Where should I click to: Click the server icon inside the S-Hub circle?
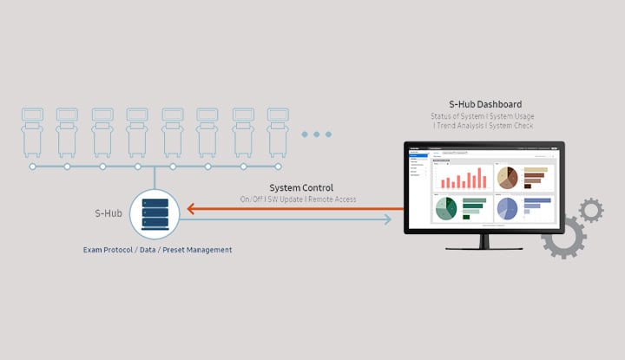coord(154,213)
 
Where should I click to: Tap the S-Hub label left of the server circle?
coord(108,213)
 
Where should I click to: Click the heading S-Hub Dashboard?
coord(485,105)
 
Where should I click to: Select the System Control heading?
coord(301,187)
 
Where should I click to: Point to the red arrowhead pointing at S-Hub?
coord(187,208)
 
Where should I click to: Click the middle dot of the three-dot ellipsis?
coord(317,134)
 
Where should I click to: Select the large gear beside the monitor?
coord(563,234)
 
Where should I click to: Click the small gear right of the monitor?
coord(591,210)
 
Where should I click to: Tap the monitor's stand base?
coord(484,252)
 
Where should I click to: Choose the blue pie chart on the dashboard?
coord(507,208)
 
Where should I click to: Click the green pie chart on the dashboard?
coord(446,209)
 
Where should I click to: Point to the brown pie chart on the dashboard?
coord(508,177)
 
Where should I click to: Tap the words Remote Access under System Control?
coord(335,200)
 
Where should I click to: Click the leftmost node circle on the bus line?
coord(32,166)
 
